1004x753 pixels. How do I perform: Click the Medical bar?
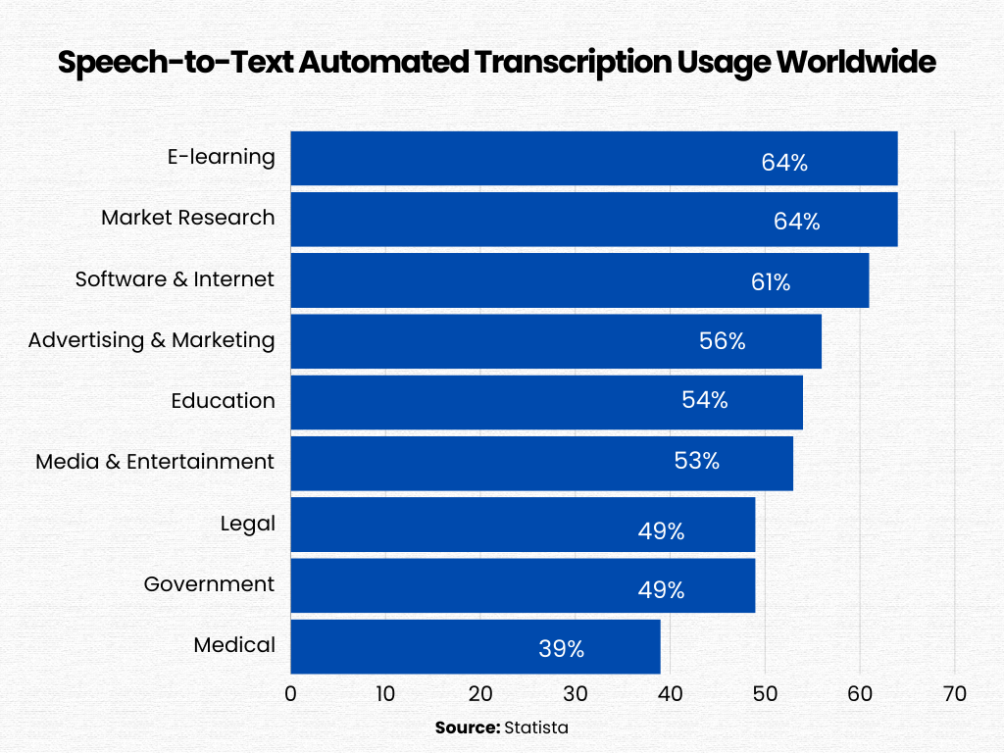tap(476, 646)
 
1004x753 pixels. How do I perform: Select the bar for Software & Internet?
tap(579, 280)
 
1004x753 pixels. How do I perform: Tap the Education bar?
tap(546, 402)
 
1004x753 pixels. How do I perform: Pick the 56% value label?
tap(723, 341)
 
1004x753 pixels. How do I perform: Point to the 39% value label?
tap(561, 648)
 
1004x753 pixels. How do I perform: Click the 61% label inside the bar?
tap(771, 282)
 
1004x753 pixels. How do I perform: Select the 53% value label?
tap(697, 461)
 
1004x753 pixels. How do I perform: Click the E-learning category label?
tap(222, 157)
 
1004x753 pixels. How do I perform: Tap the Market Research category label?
tap(188, 218)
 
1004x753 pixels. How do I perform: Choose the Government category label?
tap(209, 584)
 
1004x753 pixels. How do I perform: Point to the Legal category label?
tap(248, 524)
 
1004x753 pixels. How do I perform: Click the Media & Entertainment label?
tap(155, 462)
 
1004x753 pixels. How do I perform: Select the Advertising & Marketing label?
tap(151, 340)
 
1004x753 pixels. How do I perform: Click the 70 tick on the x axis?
tap(954, 694)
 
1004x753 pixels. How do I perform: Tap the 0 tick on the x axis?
tap(290, 694)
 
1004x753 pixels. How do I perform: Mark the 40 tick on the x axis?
tap(670, 694)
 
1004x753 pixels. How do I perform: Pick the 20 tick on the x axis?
tap(480, 694)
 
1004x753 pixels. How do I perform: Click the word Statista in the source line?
tap(535, 728)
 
